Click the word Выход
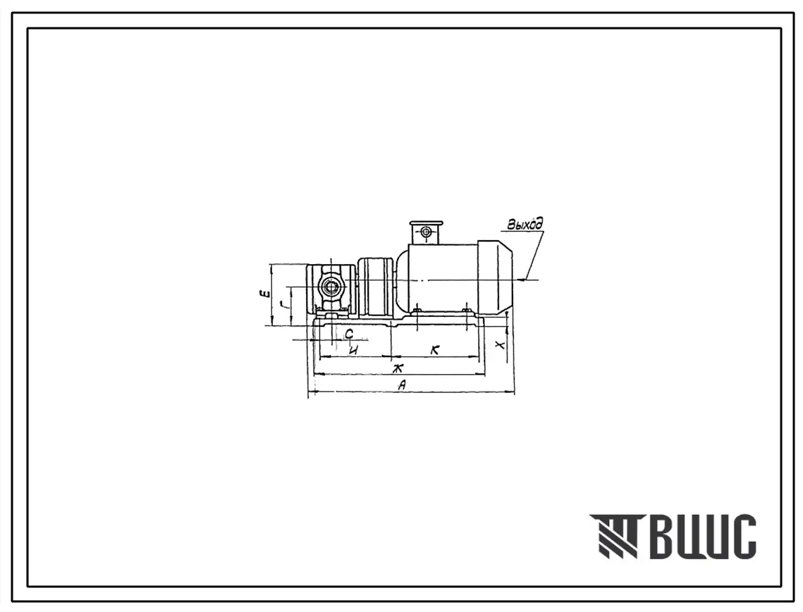525,224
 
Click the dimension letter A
403,385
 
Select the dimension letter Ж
396,368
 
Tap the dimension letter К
435,350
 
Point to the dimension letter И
353,350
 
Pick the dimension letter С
349,334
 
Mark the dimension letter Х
500,344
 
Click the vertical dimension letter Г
283,306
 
